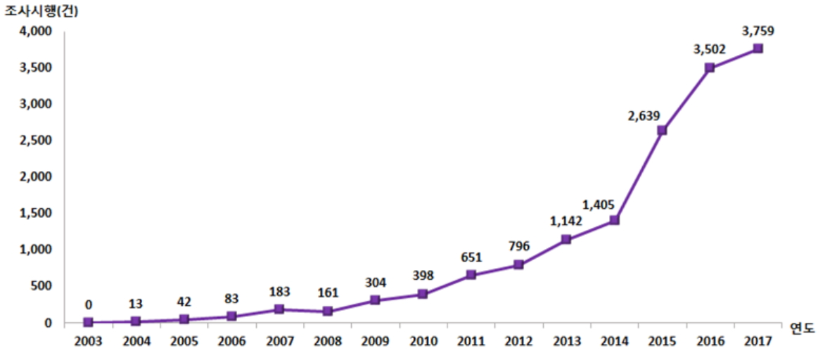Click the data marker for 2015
click(x=662, y=130)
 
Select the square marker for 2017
click(x=758, y=49)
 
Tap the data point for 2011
click(x=471, y=275)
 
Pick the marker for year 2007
click(x=279, y=309)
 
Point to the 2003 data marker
click(x=88, y=322)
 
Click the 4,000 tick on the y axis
click(x=37, y=32)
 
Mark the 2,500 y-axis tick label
click(x=37, y=141)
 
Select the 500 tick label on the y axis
click(x=44, y=286)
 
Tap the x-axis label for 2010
click(x=423, y=341)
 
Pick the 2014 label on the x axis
click(x=614, y=341)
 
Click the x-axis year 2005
click(x=184, y=341)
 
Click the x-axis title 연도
click(x=800, y=328)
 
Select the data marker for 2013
click(x=566, y=239)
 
